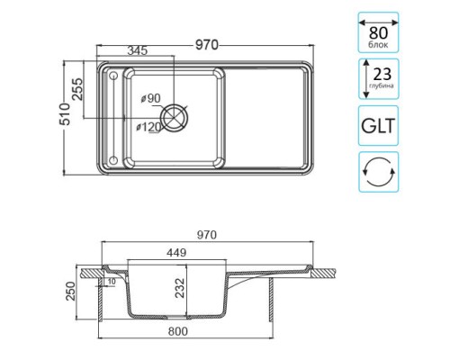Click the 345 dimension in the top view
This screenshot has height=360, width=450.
coord(138,50)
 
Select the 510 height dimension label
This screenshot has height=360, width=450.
coord(65,114)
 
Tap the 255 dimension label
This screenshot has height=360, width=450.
coord(77,89)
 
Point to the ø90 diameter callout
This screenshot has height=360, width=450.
coord(151,98)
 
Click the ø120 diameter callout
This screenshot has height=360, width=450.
coord(148,127)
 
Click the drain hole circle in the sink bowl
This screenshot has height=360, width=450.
coord(175,118)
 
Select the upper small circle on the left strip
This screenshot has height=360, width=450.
coord(113,76)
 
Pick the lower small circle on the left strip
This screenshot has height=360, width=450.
coord(113,160)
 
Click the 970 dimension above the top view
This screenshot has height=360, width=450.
coord(207,45)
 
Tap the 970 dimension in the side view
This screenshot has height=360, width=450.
coord(207,235)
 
